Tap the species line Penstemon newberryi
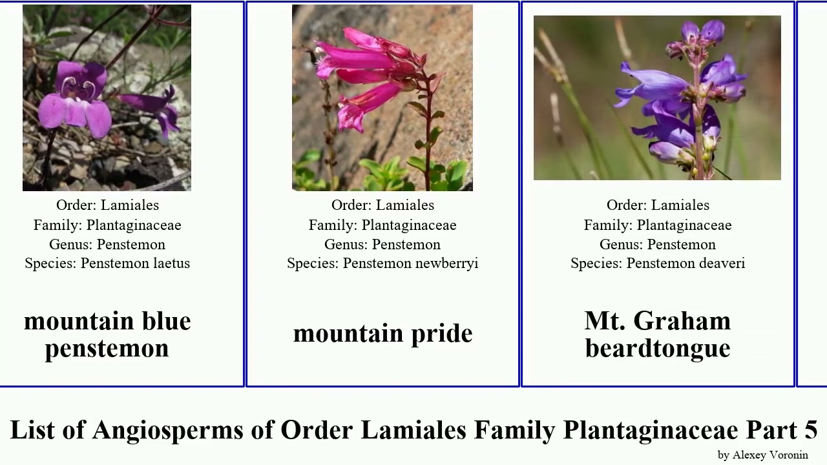[x=382, y=263]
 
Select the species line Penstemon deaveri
[x=658, y=263]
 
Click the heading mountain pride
[x=382, y=333]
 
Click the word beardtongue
[x=658, y=348]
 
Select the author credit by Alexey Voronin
[x=762, y=455]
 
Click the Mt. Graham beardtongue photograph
[x=657, y=98]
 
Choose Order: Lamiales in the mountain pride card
[x=382, y=205]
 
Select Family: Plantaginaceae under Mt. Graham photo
[x=658, y=225]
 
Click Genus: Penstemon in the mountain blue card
[x=107, y=245]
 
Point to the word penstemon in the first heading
[x=107, y=348]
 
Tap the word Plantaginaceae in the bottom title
[x=650, y=429]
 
